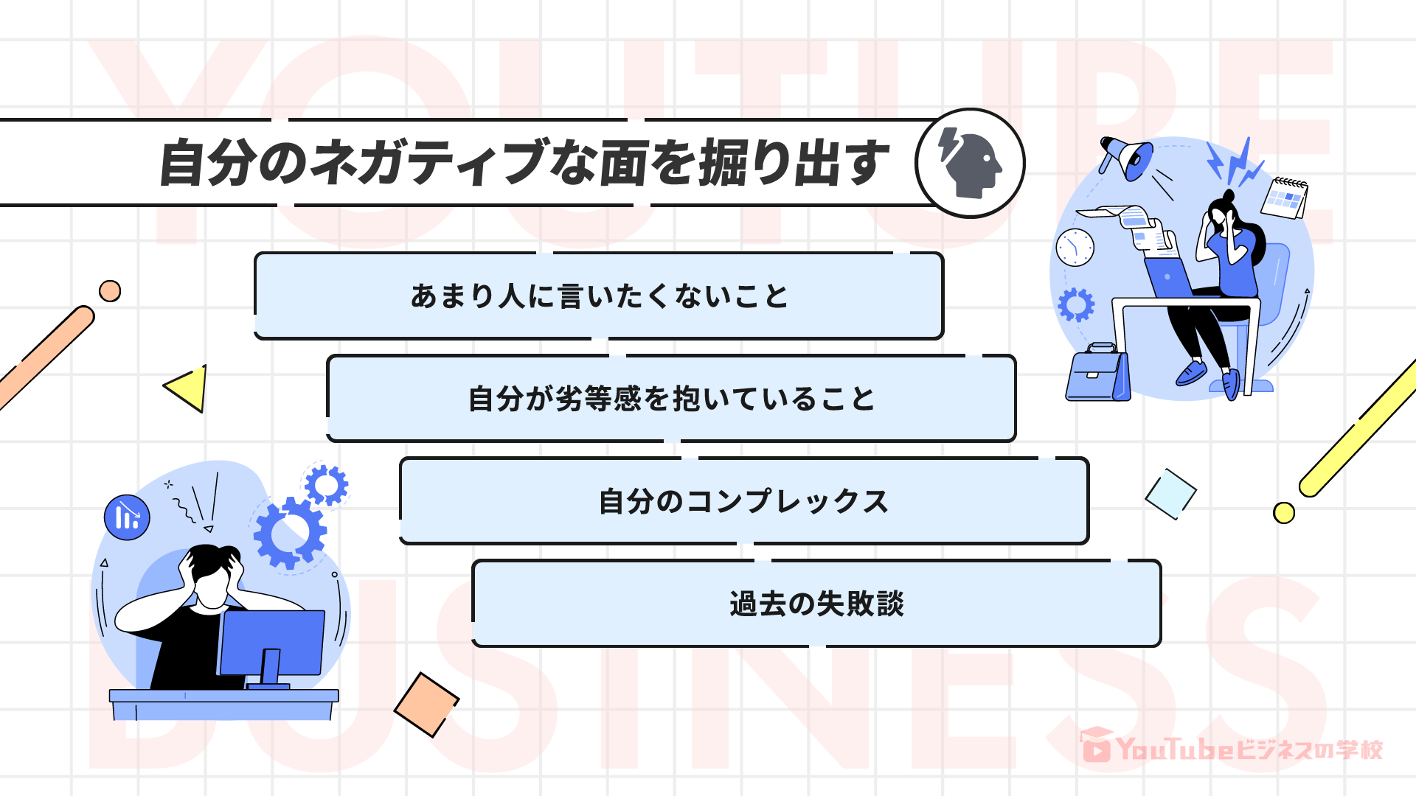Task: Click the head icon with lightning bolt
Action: tap(970, 163)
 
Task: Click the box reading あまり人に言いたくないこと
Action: tap(599, 296)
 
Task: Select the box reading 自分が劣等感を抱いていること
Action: tap(671, 398)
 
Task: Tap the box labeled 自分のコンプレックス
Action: tap(743, 500)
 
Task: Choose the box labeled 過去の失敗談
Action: tap(816, 603)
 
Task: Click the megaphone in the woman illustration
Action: tap(1127, 156)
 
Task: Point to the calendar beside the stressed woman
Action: tap(1285, 197)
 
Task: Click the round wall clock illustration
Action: tap(1075, 247)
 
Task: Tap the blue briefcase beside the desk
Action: tap(1097, 374)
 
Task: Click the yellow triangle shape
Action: tap(189, 388)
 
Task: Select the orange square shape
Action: tap(426, 704)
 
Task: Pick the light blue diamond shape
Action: tap(1170, 493)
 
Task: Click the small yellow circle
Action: tap(1283, 513)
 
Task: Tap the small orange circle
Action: tap(110, 291)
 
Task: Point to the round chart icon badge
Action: tap(127, 517)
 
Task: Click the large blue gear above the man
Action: tap(289, 532)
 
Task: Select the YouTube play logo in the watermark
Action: tap(1097, 749)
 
